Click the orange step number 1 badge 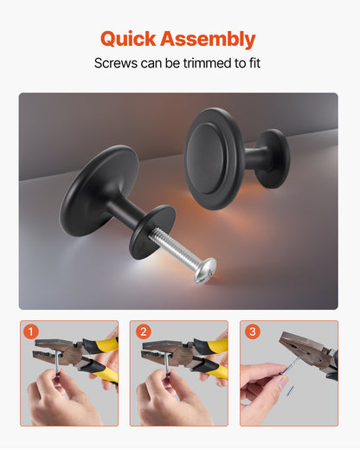[31, 331]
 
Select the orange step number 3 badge [252, 331]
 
